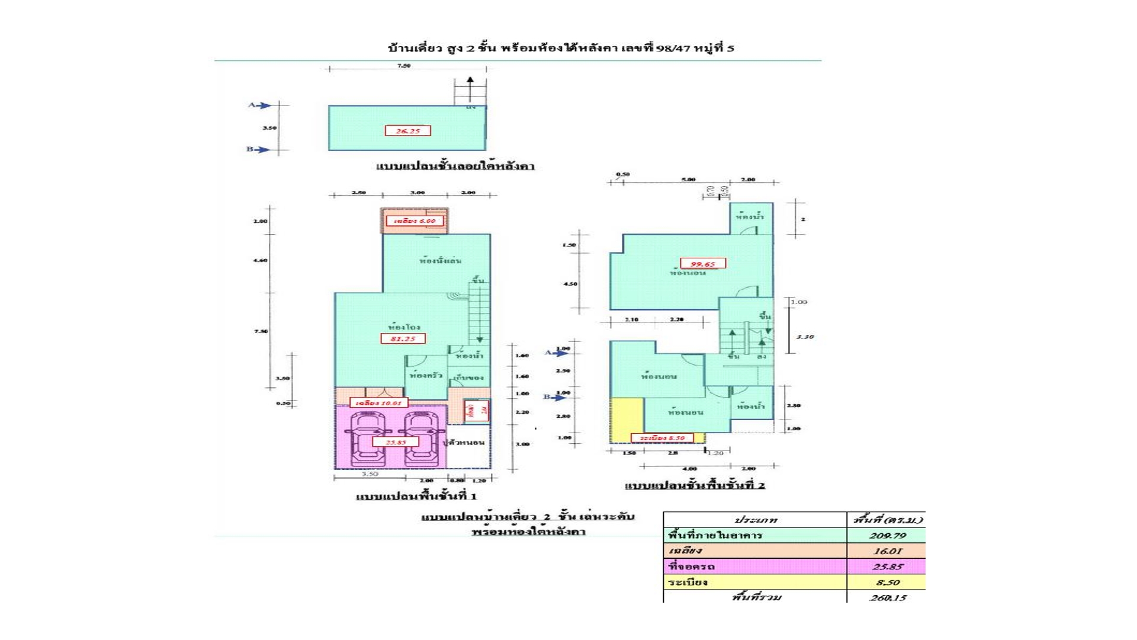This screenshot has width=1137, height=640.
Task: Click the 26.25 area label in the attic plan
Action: coord(407,131)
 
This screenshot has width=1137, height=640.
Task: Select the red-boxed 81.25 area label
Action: coord(403,339)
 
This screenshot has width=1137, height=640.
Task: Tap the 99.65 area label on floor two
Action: coord(702,264)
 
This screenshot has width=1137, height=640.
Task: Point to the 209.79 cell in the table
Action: coord(887,536)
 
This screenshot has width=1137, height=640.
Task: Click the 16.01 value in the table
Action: coord(887,551)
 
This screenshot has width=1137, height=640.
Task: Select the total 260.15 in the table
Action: coord(887,597)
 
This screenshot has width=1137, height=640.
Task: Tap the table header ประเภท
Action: coord(755,520)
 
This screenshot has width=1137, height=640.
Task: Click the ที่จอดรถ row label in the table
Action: coord(692,567)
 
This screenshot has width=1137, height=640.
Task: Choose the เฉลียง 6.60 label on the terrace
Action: coord(415,221)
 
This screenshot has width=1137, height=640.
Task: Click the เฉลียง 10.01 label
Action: coord(378,403)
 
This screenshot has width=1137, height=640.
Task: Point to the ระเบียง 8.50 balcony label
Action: coord(662,439)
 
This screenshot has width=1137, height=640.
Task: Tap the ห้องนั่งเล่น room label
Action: coord(440,261)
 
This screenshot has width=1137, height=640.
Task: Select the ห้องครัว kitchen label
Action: coord(426,376)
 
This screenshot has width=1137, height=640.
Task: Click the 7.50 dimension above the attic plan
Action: coord(404,66)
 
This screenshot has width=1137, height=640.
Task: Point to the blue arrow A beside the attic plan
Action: coord(259,105)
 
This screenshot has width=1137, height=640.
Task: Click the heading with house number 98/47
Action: coord(560,49)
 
